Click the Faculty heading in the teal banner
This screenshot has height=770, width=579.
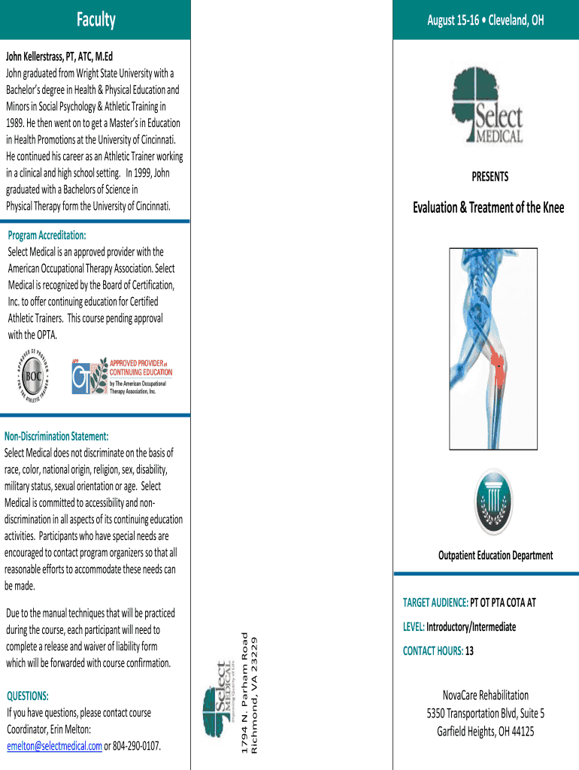[95, 20]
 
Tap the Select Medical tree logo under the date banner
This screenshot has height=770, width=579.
[487, 108]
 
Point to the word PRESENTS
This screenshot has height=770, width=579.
[490, 177]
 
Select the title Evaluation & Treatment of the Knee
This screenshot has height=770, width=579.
[488, 207]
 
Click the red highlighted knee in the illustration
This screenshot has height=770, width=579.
[498, 365]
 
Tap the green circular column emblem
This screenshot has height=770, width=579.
[494, 502]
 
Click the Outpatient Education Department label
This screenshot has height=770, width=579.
[495, 556]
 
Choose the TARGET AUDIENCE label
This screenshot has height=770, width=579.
[435, 602]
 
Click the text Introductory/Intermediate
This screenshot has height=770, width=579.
[471, 627]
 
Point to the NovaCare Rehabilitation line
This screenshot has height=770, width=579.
[485, 695]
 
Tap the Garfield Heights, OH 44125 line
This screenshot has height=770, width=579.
[485, 731]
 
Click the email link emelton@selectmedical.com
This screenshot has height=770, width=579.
[54, 746]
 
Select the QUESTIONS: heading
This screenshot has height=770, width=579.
[28, 696]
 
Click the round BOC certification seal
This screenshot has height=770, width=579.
[33, 376]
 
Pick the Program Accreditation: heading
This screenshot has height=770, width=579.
[47, 235]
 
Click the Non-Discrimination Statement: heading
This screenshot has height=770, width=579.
[56, 436]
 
